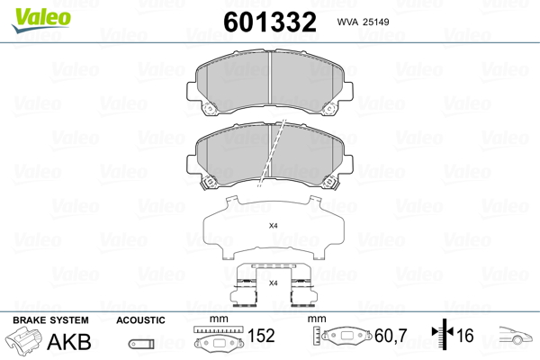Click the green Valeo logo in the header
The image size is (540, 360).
tap(41, 20)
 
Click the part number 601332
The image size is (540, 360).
tap(270, 22)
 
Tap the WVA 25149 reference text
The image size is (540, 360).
tap(363, 22)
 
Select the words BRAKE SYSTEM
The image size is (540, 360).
tap(50, 320)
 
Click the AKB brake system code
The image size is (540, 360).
tap(69, 342)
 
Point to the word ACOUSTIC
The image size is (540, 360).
tap(140, 320)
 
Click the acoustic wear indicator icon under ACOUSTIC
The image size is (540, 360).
tap(141, 344)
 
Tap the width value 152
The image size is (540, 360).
tap(261, 336)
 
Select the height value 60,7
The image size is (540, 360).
tap(391, 336)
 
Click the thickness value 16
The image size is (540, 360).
tap(465, 336)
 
